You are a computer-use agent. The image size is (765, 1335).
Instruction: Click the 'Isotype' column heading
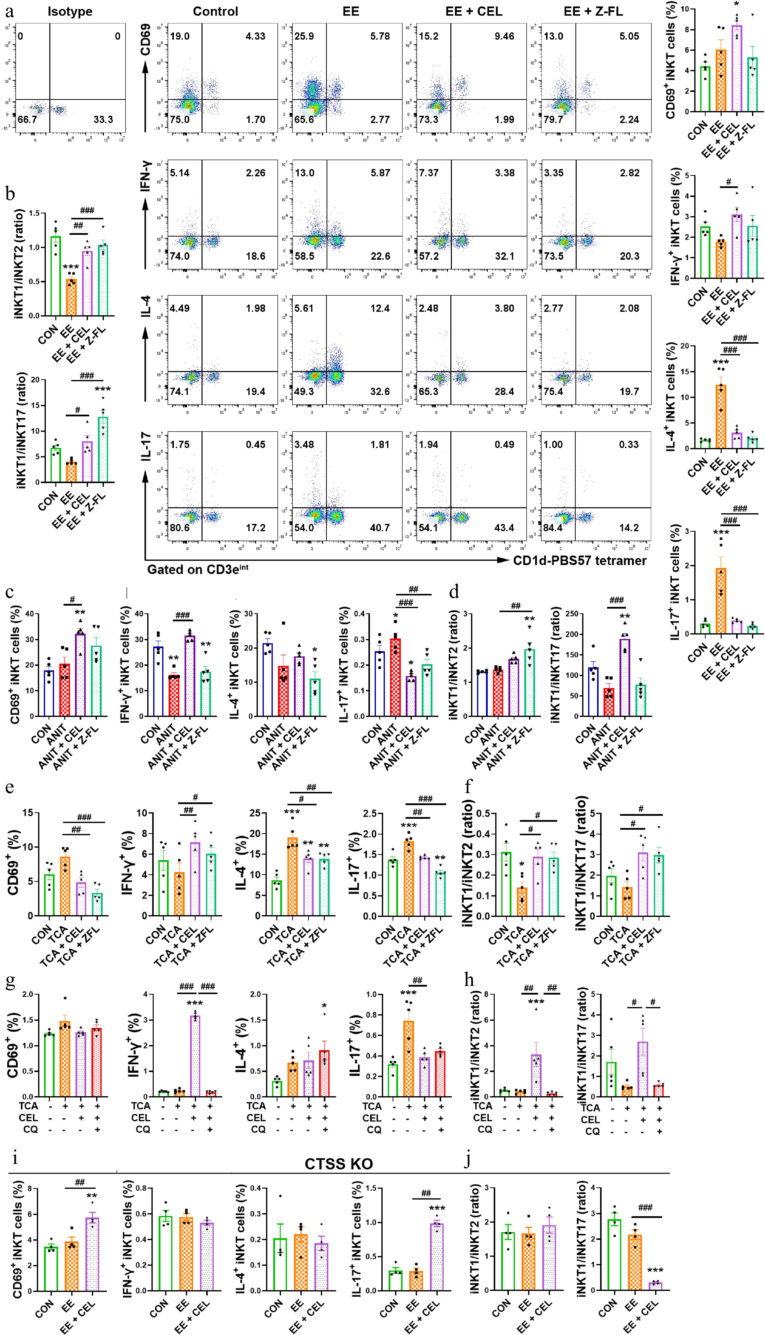pyautogui.click(x=70, y=11)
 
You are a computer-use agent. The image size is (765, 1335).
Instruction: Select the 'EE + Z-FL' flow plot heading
pyautogui.click(x=593, y=11)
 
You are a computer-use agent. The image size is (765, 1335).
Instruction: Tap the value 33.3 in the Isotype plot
pyautogui.click(x=103, y=120)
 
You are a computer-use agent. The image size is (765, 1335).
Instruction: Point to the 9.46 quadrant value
pyautogui.click(x=504, y=36)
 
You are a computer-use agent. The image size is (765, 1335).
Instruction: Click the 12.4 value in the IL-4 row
pyautogui.click(x=380, y=308)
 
